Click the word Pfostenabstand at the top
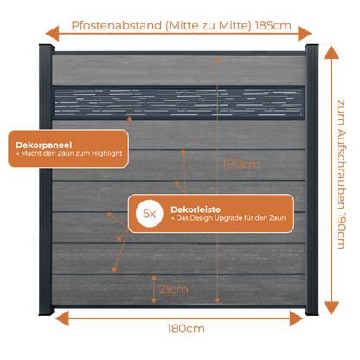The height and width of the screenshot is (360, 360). coord(117,25)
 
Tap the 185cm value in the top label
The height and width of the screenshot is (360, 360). coord(273,25)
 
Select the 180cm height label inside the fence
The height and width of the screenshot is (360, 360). coord(241,164)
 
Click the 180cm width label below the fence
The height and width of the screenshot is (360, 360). coord(186,329)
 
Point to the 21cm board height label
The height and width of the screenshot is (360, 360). coord(173,289)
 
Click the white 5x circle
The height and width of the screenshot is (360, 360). coord(150,214)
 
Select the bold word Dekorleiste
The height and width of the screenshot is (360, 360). coord(196,209)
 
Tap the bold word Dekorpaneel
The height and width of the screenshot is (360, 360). coord(44,145)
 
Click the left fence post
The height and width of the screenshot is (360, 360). coord(46,179)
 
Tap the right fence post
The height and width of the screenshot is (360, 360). coord(312,179)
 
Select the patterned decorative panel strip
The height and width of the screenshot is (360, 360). coord(178,103)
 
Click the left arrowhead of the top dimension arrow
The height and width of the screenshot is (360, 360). coord(52,34)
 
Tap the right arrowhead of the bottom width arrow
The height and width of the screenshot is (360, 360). coord(296,318)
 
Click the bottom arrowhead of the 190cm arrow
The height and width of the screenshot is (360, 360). coord(331,308)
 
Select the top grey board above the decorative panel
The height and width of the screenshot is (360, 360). coord(178,70)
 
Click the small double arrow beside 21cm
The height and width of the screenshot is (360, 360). coord(154,289)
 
